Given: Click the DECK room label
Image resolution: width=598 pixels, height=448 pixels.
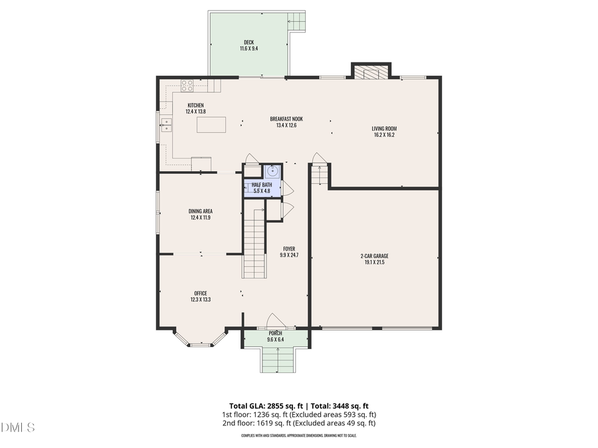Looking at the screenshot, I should [248, 42].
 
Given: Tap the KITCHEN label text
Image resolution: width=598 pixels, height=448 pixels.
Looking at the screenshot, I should [195, 105].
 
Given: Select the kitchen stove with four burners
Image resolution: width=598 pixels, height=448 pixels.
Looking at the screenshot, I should [187, 85].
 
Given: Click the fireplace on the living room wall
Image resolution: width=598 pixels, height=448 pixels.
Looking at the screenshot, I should [371, 72].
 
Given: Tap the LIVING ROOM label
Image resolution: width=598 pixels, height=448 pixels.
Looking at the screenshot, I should [385, 129].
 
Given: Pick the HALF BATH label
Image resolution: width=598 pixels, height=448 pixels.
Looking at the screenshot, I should [261, 185].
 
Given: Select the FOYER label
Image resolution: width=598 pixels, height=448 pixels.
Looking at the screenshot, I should [288, 249].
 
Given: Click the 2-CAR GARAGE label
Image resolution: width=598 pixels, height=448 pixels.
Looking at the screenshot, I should [374, 256].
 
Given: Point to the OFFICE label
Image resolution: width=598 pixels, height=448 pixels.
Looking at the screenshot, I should [201, 293].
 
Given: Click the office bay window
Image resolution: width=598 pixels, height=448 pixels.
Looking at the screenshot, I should [200, 342].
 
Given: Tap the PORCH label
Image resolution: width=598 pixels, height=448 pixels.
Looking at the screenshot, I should [275, 333].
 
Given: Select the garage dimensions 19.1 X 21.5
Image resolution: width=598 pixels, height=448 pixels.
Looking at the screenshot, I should [374, 262].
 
